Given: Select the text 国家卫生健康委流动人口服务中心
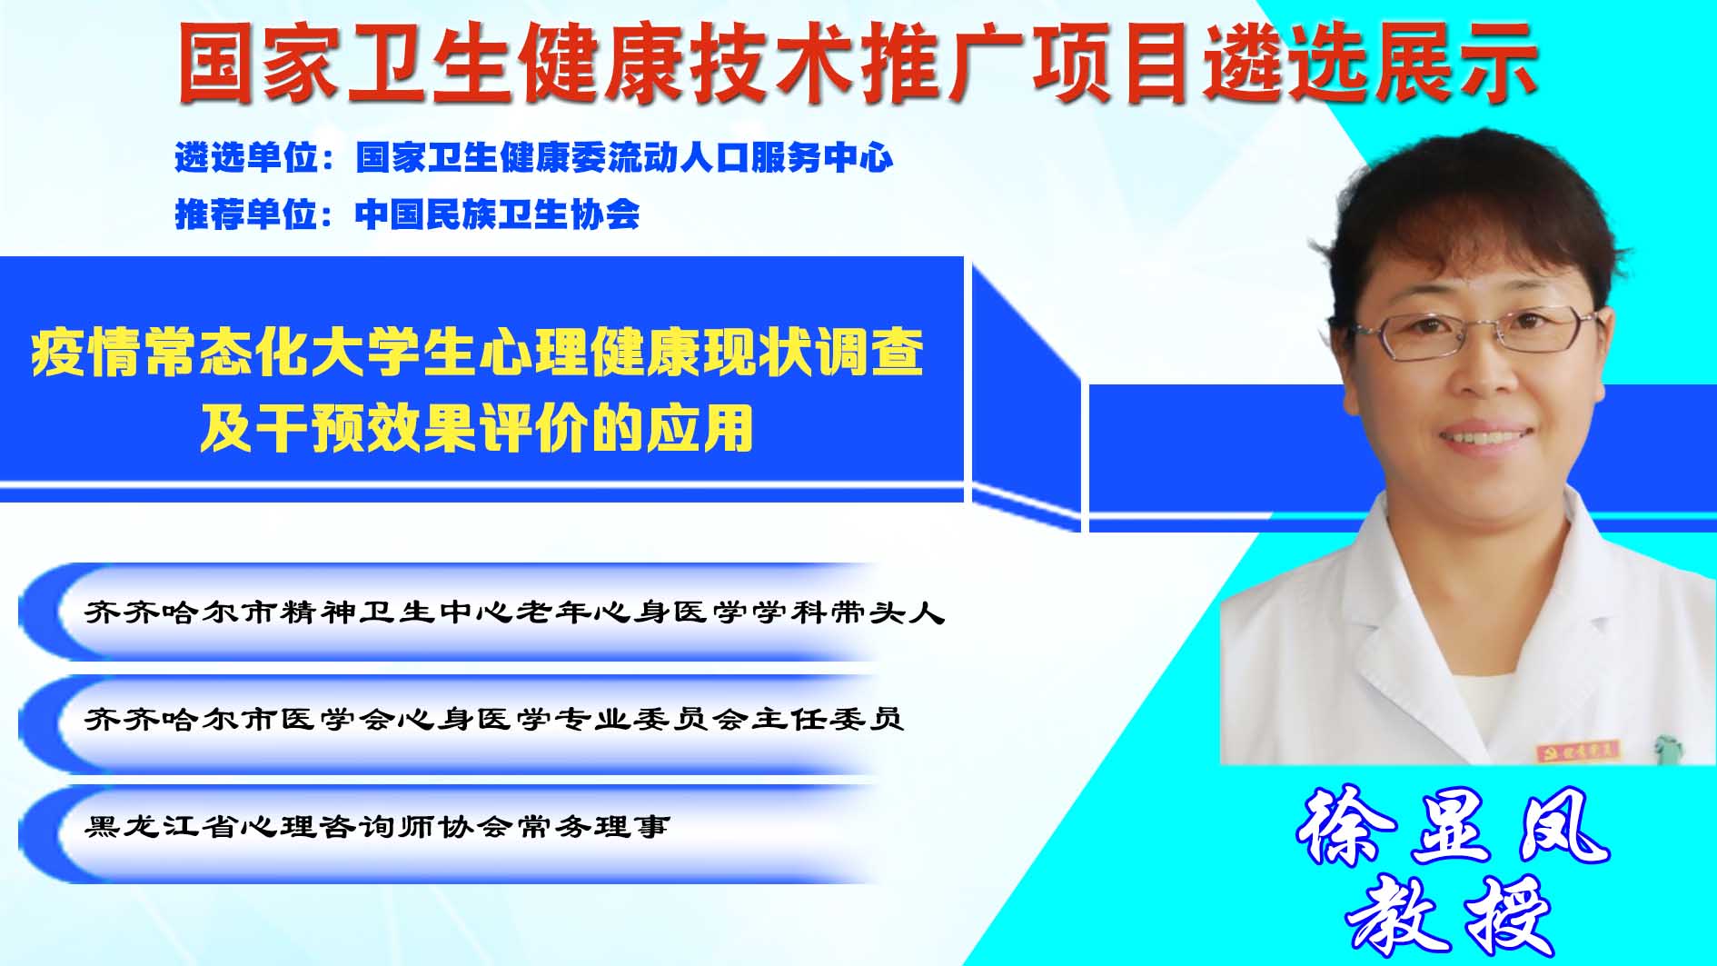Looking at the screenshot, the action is pyautogui.click(x=624, y=158).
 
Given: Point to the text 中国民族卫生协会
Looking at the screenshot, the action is pyautogui.click(x=497, y=214).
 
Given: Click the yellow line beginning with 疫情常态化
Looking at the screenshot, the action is pyautogui.click(x=478, y=353).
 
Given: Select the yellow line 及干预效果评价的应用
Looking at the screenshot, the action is pyautogui.click(x=477, y=428).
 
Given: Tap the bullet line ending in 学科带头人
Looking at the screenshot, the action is pyautogui.click(x=514, y=612).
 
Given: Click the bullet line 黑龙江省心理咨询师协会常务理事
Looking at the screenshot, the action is pyautogui.click(x=377, y=827).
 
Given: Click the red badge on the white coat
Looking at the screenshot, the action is pyautogui.click(x=1580, y=752).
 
